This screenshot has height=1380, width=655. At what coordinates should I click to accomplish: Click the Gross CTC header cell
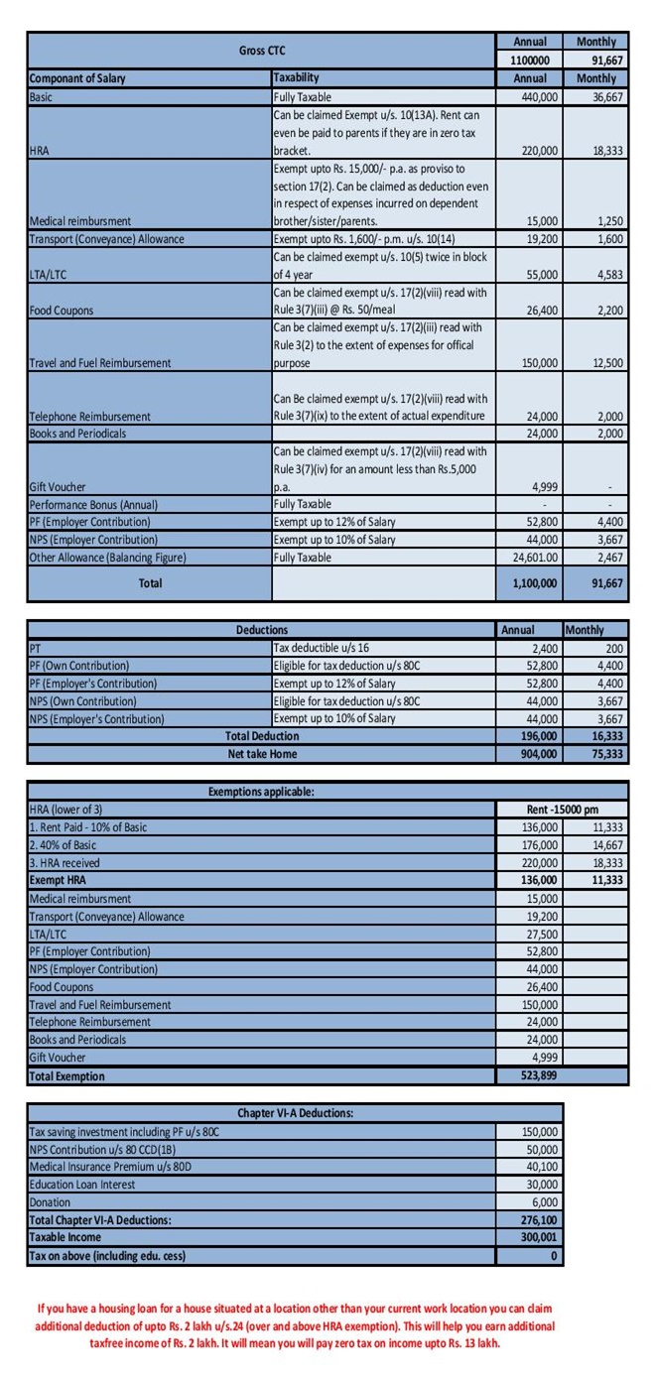262,51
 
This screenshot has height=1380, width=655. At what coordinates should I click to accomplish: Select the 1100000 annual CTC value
530,60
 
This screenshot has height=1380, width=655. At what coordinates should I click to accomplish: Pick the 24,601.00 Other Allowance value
530,558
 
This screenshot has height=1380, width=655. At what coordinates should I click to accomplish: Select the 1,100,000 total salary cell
530,584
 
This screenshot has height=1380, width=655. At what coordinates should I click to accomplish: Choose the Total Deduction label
262,736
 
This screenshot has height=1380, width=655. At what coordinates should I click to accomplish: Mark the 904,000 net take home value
530,754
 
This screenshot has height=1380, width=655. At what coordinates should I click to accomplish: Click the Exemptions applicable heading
262,792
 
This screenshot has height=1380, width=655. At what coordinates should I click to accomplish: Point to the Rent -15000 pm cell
563,810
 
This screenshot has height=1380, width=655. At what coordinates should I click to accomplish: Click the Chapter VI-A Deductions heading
295,1113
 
